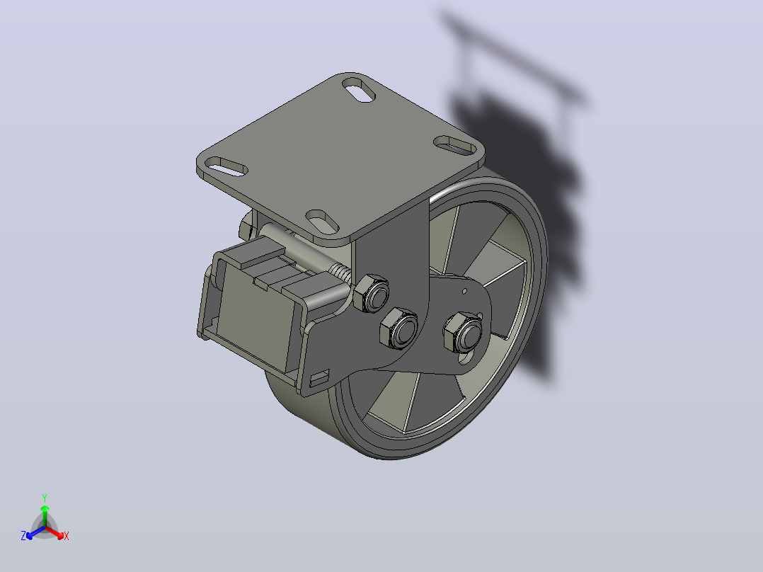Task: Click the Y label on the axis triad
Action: pyautogui.click(x=45, y=498)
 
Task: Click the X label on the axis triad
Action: pyautogui.click(x=67, y=536)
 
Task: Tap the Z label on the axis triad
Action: pyautogui.click(x=23, y=536)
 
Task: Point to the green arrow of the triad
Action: pyautogui.click(x=45, y=515)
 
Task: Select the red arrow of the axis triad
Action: pyautogui.click(x=54, y=532)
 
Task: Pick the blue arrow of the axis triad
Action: pyautogui.click(x=35, y=532)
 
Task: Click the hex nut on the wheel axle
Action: pyautogui.click(x=463, y=333)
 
